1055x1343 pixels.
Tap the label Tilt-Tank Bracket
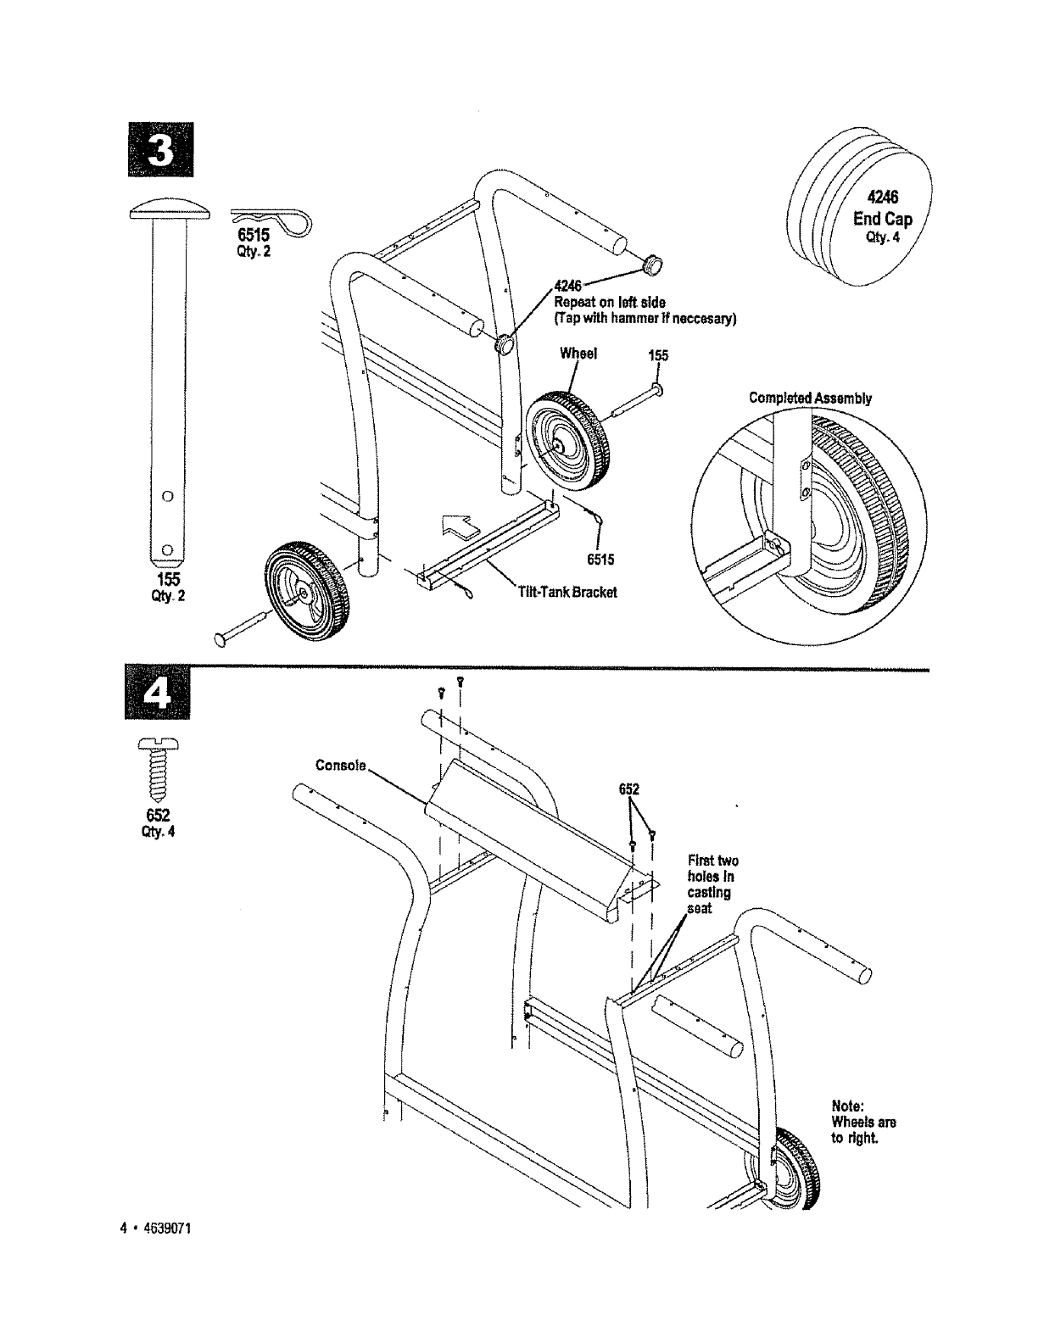click(x=567, y=591)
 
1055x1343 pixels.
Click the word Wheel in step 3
click(x=578, y=354)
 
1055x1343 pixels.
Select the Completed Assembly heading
click(x=810, y=398)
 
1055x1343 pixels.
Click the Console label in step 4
click(x=340, y=766)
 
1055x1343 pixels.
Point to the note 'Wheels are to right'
click(x=863, y=1122)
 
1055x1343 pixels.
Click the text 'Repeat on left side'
click(x=609, y=303)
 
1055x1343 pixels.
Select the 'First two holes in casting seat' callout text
click(x=711, y=883)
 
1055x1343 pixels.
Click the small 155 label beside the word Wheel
click(x=658, y=356)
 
